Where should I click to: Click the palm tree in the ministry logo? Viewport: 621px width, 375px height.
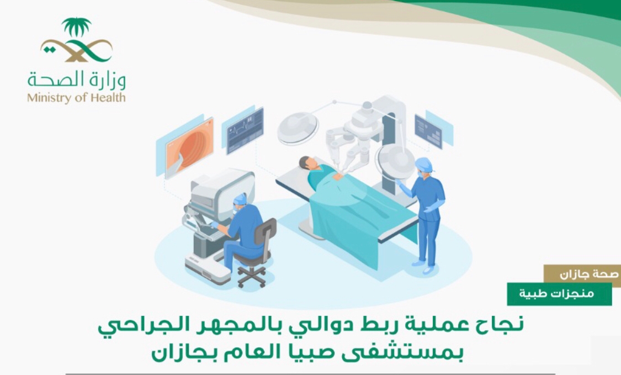pos(76,27)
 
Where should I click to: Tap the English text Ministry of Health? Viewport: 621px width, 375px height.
pos(76,98)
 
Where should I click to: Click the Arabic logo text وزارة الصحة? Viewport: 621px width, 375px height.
pos(77,81)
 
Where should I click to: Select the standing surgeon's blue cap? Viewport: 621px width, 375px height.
pos(423,164)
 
